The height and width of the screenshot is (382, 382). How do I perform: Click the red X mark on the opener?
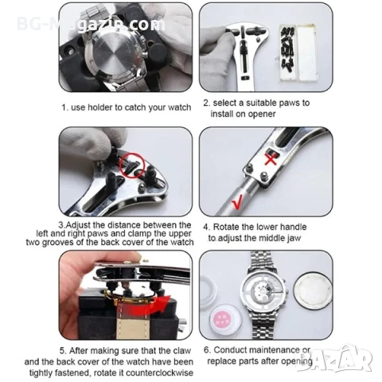click(271, 159)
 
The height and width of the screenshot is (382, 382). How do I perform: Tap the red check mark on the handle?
click(237, 203)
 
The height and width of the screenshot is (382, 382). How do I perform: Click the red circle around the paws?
click(132, 165)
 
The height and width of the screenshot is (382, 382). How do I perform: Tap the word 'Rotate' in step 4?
click(226, 227)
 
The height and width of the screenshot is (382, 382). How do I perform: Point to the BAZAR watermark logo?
click(335, 357)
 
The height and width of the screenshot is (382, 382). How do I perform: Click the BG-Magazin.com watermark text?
click(91, 25)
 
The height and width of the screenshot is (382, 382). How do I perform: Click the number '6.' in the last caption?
click(207, 350)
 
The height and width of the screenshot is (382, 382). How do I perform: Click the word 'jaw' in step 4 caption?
click(294, 238)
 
